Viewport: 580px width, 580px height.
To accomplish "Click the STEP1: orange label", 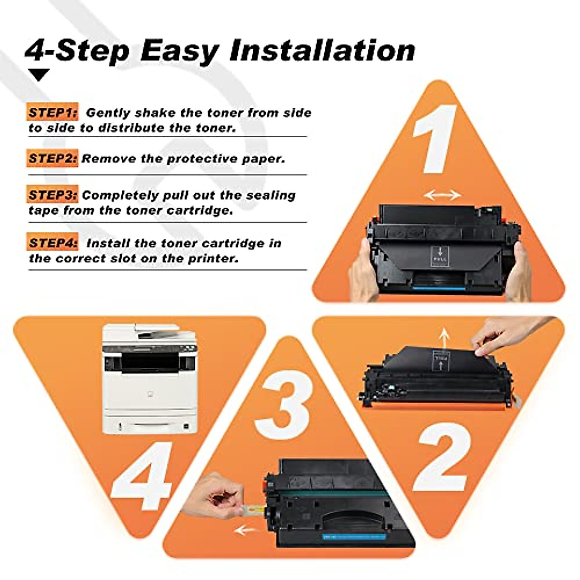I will [x=52, y=113].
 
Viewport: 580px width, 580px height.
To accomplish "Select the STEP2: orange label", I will [x=52, y=159].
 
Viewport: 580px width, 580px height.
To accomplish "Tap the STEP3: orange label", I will [x=52, y=195].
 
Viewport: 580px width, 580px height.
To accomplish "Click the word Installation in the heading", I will [x=322, y=50].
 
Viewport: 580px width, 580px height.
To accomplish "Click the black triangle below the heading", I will [x=39, y=74].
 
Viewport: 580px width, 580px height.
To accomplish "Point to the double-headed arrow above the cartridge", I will [x=442, y=195].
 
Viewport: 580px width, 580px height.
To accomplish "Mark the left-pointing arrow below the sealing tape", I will [x=246, y=530].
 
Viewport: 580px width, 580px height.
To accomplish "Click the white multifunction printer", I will [x=149, y=379].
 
